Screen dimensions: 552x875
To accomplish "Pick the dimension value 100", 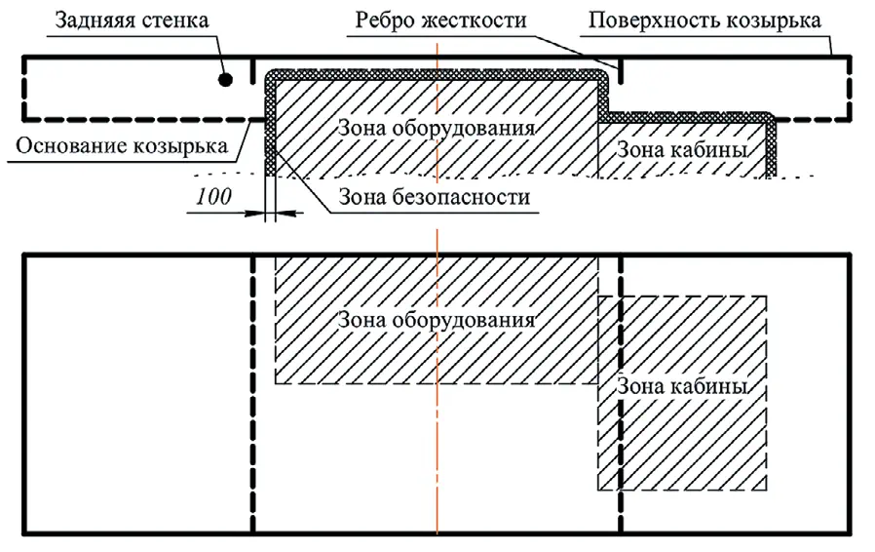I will pos(213,195).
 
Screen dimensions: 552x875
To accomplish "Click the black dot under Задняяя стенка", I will pos(225,80).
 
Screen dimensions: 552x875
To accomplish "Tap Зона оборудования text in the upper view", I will pos(437,128).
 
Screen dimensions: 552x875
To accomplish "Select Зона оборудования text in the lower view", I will pos(437,319).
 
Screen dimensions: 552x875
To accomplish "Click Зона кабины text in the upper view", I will pos(682,150).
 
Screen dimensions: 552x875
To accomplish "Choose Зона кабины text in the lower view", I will pos(682,386).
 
